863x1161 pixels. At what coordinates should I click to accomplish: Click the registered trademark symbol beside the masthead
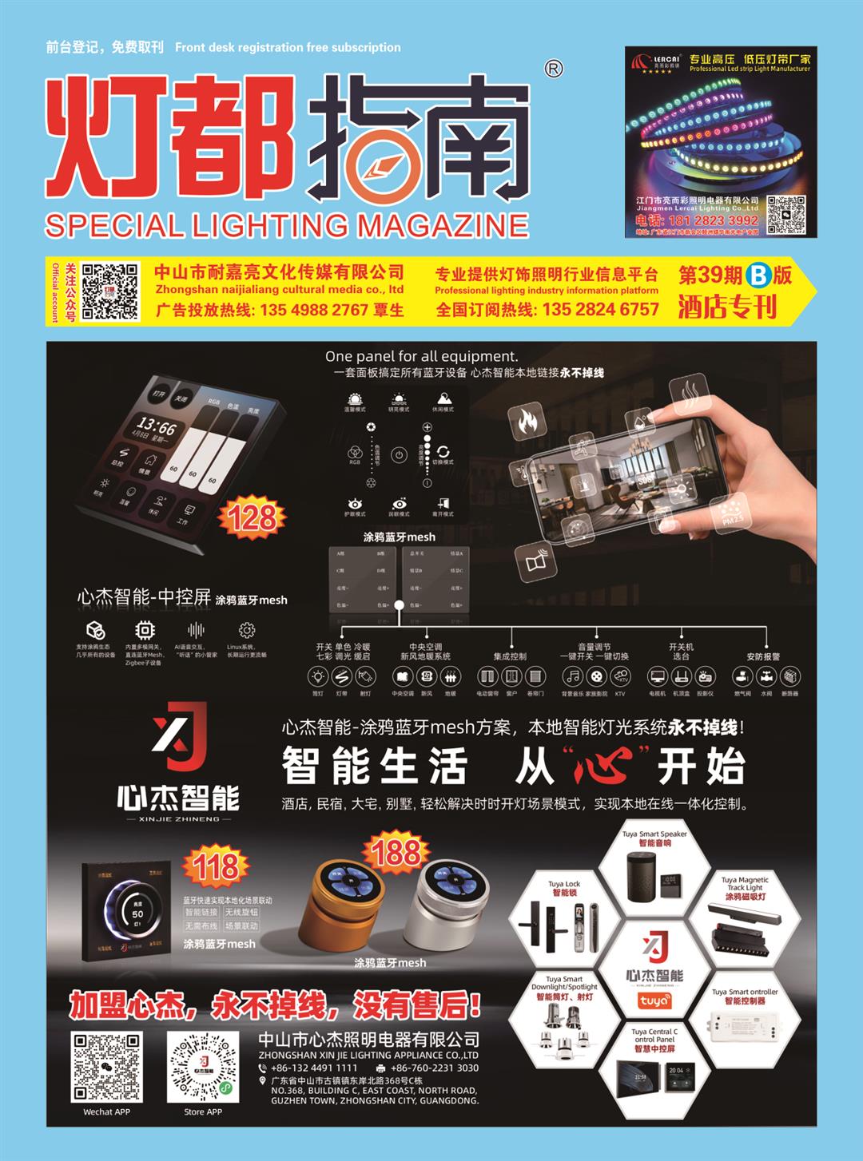pyautogui.click(x=553, y=69)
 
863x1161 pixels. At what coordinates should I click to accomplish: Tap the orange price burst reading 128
pyautogui.click(x=253, y=518)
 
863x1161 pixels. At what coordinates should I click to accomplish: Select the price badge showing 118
pyautogui.click(x=215, y=866)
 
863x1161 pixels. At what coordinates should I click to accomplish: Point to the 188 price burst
pyautogui.click(x=396, y=852)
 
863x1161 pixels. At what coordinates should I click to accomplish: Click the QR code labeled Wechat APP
pyautogui.click(x=106, y=1066)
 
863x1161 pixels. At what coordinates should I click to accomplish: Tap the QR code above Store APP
pyautogui.click(x=203, y=1066)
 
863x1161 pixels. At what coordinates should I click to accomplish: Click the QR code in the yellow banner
pyautogui.click(x=110, y=291)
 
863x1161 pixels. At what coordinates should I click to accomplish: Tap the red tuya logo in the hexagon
pyautogui.click(x=654, y=1001)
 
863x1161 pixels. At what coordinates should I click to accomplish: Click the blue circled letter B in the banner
pyautogui.click(x=757, y=276)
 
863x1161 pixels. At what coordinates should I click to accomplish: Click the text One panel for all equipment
pyautogui.click(x=421, y=356)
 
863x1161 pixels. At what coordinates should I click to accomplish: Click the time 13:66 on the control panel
pyautogui.click(x=156, y=425)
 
